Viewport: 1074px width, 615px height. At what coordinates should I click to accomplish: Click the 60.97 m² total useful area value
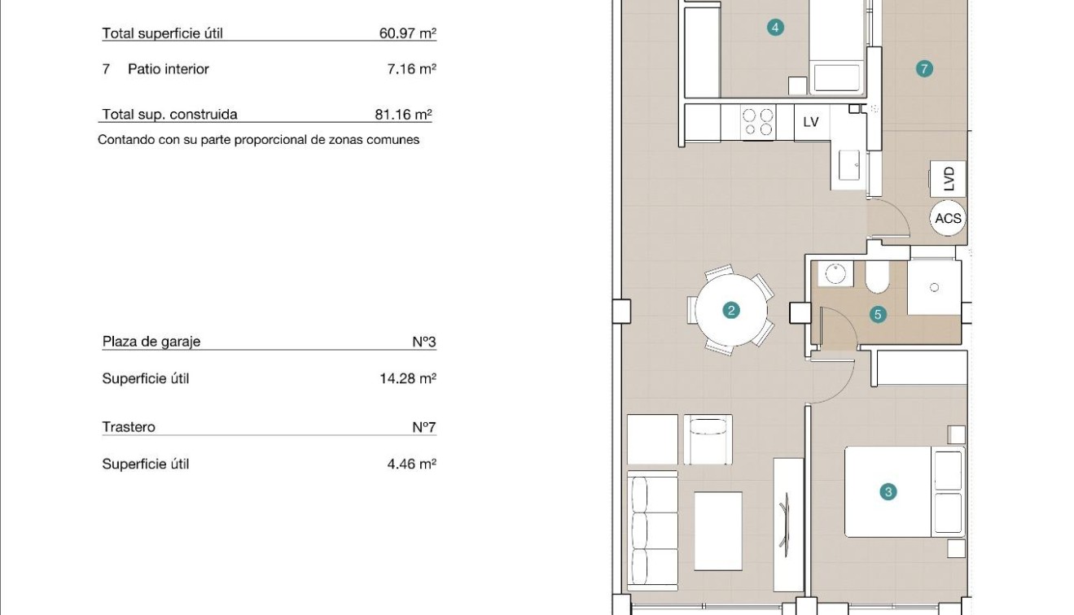pyautogui.click(x=408, y=33)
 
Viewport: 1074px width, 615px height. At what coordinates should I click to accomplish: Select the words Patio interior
pyautogui.click(x=169, y=69)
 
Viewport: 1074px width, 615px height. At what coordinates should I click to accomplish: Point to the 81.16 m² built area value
pyautogui.click(x=403, y=115)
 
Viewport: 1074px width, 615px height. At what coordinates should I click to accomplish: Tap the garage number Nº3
pyautogui.click(x=424, y=342)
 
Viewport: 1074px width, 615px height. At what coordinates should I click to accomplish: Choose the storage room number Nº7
pyautogui.click(x=424, y=427)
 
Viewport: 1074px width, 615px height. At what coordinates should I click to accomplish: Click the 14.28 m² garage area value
pyautogui.click(x=408, y=378)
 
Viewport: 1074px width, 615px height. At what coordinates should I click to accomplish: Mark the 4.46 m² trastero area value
pyautogui.click(x=412, y=464)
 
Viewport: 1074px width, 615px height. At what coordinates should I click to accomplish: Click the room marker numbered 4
pyautogui.click(x=775, y=28)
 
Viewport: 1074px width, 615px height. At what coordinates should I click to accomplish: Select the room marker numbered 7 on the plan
pyautogui.click(x=924, y=69)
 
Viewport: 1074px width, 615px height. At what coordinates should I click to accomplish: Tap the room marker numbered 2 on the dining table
pyautogui.click(x=731, y=311)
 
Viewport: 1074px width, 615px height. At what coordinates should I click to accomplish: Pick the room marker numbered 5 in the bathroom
pyautogui.click(x=878, y=315)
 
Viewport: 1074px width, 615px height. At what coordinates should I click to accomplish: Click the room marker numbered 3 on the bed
pyautogui.click(x=888, y=491)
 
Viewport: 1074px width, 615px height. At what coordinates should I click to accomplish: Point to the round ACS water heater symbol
pyautogui.click(x=948, y=218)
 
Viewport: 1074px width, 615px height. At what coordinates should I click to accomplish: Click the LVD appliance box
pyautogui.click(x=948, y=179)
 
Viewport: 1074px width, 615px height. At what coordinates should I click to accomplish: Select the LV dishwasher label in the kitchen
pyautogui.click(x=811, y=122)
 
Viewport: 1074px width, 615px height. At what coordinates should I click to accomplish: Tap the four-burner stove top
pyautogui.click(x=758, y=122)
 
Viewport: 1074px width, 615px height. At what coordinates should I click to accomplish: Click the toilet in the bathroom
pyautogui.click(x=878, y=277)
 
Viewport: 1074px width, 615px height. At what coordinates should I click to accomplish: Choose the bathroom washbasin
pyautogui.click(x=835, y=274)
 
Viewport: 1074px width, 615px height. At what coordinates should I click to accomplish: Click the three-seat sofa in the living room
pyautogui.click(x=652, y=530)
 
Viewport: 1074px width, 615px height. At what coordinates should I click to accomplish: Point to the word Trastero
pyautogui.click(x=129, y=427)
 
